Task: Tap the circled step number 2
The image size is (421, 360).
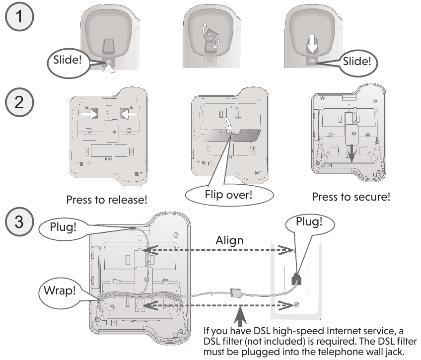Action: [19, 103]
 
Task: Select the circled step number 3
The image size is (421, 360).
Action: [19, 222]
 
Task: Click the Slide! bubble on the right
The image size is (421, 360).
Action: [357, 62]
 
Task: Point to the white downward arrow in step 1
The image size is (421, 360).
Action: [312, 44]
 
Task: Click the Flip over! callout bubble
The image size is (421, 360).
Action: [229, 195]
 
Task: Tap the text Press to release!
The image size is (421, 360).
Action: [107, 200]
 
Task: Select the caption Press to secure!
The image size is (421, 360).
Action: [351, 197]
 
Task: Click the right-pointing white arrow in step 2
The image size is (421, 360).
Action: [90, 114]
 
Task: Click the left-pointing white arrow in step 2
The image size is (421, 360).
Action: [129, 114]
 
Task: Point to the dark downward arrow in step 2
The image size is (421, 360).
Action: [351, 153]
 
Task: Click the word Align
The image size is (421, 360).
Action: [229, 240]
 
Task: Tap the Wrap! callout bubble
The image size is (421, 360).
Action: [60, 291]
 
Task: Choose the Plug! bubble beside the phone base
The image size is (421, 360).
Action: [64, 227]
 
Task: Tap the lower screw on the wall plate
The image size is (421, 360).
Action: [296, 304]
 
